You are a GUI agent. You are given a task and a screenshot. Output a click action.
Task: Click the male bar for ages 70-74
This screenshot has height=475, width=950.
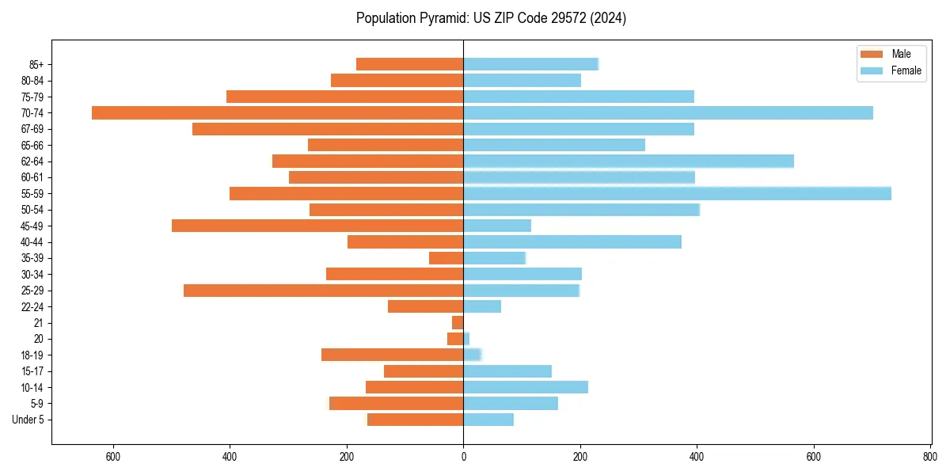(x=277, y=112)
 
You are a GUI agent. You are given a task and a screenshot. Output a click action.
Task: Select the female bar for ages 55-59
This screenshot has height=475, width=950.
(x=677, y=193)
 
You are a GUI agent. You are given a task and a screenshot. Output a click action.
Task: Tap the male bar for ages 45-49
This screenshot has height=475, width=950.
(x=317, y=226)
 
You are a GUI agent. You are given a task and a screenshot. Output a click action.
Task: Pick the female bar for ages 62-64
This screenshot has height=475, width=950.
(x=629, y=161)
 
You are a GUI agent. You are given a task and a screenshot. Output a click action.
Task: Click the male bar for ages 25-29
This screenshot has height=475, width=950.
(x=323, y=291)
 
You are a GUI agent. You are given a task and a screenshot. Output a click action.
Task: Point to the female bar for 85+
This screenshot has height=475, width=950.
(x=530, y=64)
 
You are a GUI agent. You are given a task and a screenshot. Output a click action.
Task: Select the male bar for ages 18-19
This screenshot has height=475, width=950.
(x=392, y=355)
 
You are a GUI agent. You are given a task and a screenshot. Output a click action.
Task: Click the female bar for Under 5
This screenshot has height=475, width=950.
(x=488, y=420)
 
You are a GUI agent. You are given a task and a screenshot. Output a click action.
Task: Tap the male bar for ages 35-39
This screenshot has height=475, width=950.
(x=446, y=258)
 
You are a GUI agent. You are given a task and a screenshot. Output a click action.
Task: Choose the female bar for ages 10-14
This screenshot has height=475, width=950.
(x=526, y=387)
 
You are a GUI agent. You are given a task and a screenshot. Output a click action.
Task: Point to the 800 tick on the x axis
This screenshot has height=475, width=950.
(x=930, y=456)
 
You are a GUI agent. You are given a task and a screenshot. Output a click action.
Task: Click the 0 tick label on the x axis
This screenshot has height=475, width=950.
(x=463, y=456)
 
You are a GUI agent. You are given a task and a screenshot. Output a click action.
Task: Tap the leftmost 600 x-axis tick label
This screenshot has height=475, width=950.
(x=112, y=456)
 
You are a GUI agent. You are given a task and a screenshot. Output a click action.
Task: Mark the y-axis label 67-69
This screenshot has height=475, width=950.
(x=32, y=129)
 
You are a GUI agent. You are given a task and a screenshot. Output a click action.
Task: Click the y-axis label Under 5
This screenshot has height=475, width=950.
(x=28, y=420)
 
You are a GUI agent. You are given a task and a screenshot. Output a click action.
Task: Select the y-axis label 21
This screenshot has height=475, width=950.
(x=39, y=323)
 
